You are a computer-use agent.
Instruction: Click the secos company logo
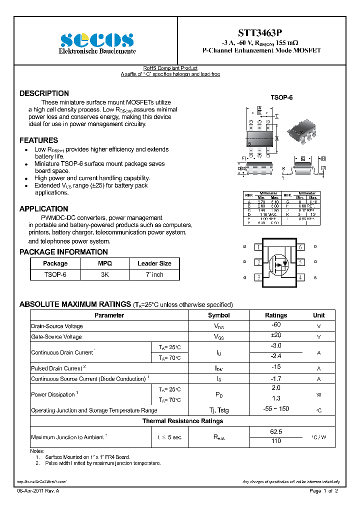click(97, 39)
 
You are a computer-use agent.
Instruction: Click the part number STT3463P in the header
click(261, 33)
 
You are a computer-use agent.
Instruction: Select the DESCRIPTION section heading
click(44, 93)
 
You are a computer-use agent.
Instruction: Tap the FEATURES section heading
click(38, 140)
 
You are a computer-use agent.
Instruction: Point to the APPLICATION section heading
click(43, 209)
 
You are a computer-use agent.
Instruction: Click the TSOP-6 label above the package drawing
click(281, 98)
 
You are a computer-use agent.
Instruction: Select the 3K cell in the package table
click(105, 274)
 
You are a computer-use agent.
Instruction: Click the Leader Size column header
click(154, 263)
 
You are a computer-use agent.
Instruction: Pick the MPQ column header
click(105, 263)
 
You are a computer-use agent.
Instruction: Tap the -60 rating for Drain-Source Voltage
click(275, 325)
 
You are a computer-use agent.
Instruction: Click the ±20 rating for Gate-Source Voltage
click(275, 336)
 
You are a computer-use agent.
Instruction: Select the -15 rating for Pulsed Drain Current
click(275, 368)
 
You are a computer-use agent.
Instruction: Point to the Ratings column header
click(275, 315)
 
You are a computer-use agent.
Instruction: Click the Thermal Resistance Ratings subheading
click(182, 421)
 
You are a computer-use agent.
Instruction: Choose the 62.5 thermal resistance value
click(275, 431)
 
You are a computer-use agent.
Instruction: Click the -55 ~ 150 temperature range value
click(275, 409)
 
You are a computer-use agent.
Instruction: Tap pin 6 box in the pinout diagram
click(300, 247)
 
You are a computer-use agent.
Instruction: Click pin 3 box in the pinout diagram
click(258, 277)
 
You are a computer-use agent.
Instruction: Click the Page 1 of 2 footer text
click(324, 491)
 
